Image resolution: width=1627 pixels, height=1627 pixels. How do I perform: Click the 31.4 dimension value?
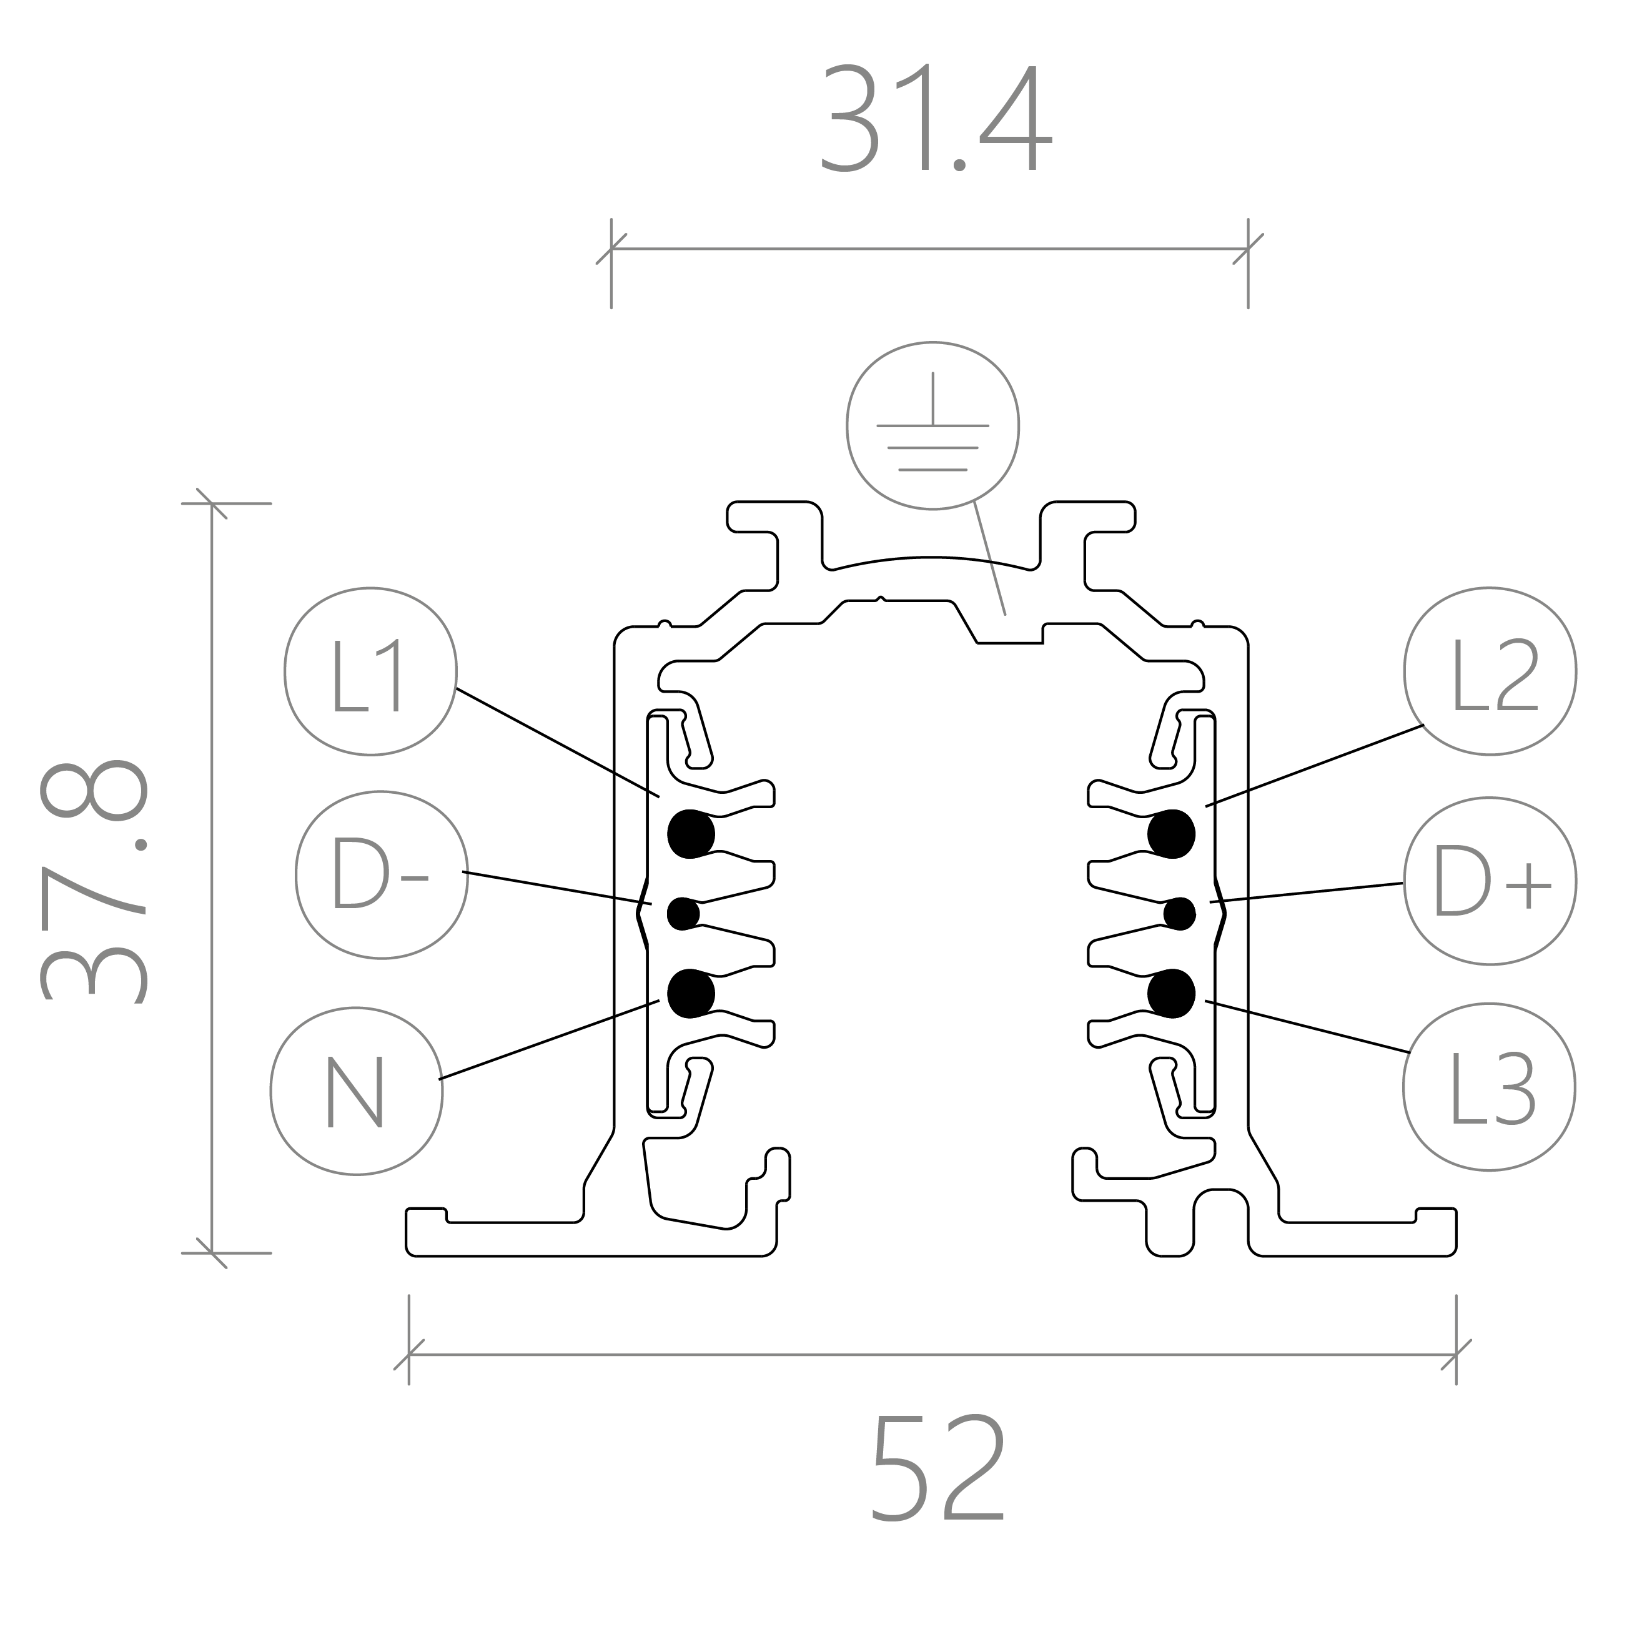[936, 118]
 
